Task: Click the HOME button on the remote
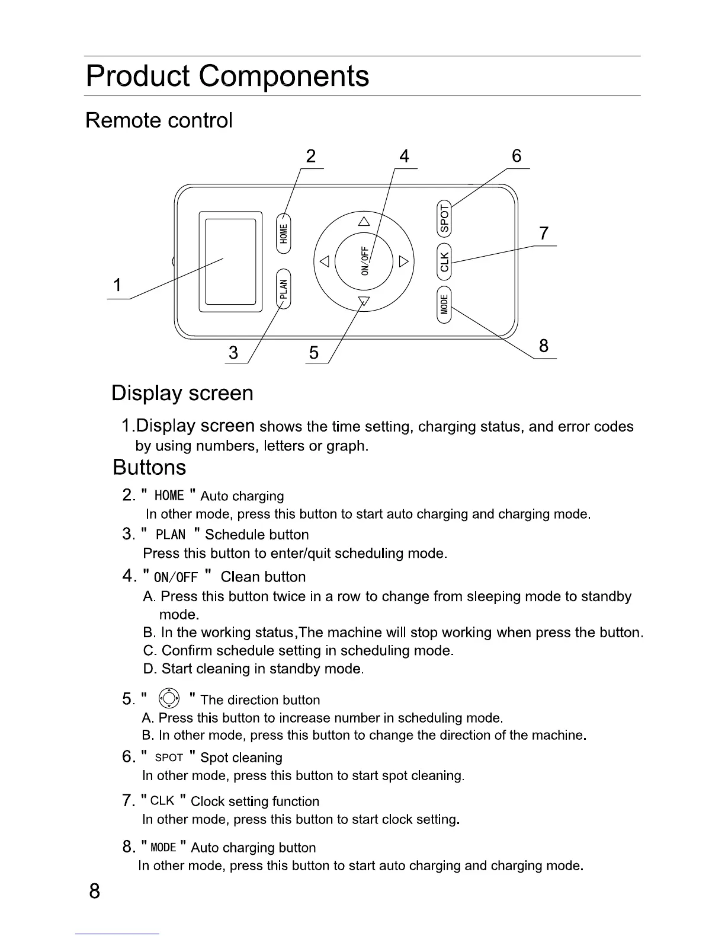pyautogui.click(x=284, y=232)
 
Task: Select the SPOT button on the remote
pyautogui.click(x=445, y=218)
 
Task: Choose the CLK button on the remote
pyautogui.click(x=445, y=261)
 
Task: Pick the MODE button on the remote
pyautogui.click(x=445, y=305)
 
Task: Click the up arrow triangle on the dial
pyautogui.click(x=364, y=222)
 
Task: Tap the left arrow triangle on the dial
pyautogui.click(x=323, y=261)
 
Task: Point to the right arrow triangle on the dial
pyautogui.click(x=404, y=261)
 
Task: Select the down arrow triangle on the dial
pyautogui.click(x=364, y=301)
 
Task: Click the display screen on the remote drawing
pyautogui.click(x=230, y=261)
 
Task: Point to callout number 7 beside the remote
pyautogui.click(x=544, y=234)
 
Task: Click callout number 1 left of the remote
pyautogui.click(x=118, y=286)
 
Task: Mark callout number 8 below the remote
pyautogui.click(x=544, y=346)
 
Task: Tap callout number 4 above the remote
pyautogui.click(x=404, y=156)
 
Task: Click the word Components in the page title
pyautogui.click(x=284, y=76)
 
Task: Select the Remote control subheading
pyautogui.click(x=159, y=120)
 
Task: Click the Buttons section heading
pyautogui.click(x=149, y=468)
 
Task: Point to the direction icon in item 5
pyautogui.click(x=170, y=699)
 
